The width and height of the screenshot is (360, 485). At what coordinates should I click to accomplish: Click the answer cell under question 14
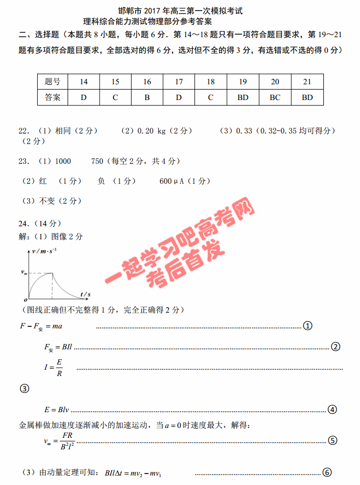click(x=84, y=97)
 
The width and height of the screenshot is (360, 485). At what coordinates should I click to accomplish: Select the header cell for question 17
click(x=179, y=82)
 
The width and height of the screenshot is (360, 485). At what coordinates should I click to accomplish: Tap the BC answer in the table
click(x=275, y=97)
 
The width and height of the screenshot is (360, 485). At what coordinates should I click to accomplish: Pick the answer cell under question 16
click(x=147, y=97)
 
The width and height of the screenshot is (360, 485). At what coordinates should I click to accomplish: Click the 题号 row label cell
click(x=52, y=82)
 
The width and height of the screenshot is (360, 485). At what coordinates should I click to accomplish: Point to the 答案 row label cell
click(x=52, y=97)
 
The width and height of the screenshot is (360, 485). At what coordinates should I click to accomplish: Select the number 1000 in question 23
click(x=62, y=161)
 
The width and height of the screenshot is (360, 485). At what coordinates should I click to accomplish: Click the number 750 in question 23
click(x=97, y=161)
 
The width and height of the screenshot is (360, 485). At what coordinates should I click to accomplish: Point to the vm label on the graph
click(x=24, y=272)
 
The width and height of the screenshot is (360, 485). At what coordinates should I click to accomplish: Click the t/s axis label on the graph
click(x=85, y=294)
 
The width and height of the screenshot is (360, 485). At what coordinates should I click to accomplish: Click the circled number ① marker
click(x=308, y=326)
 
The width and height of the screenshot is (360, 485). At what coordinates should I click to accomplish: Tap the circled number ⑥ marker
click(x=327, y=472)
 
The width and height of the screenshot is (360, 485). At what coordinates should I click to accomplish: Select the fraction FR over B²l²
click(x=66, y=441)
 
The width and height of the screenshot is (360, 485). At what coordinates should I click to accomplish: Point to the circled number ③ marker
click(x=24, y=389)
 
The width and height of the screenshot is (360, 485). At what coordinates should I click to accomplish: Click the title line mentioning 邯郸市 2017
click(x=180, y=10)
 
